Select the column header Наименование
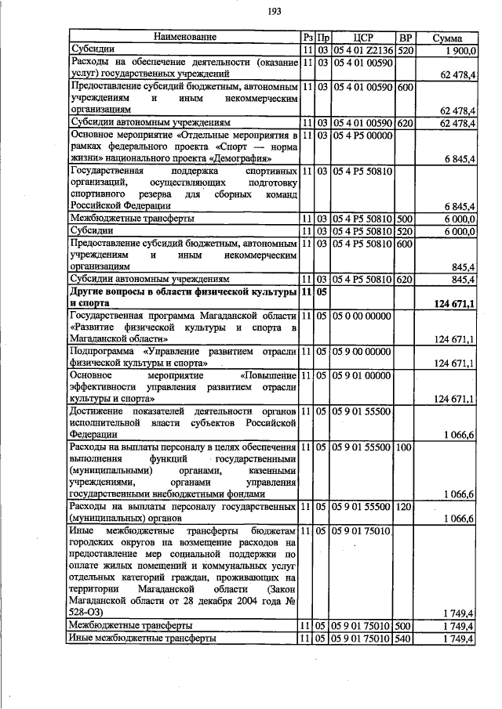184,37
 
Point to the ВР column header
406,38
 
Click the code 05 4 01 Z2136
362,50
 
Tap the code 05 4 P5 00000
362,136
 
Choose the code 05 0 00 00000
362,316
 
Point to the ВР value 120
405,508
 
